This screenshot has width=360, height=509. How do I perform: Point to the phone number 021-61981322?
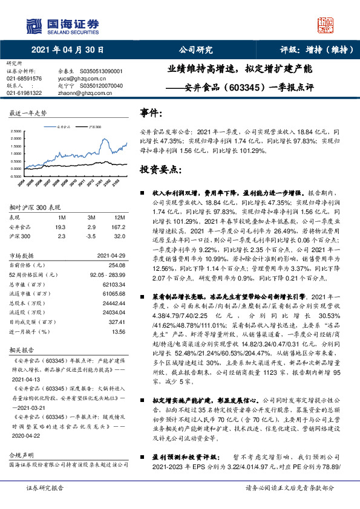coord(24,93)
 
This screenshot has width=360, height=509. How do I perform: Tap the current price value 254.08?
coord(116,265)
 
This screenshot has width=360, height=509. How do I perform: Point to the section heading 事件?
coord(151,113)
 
